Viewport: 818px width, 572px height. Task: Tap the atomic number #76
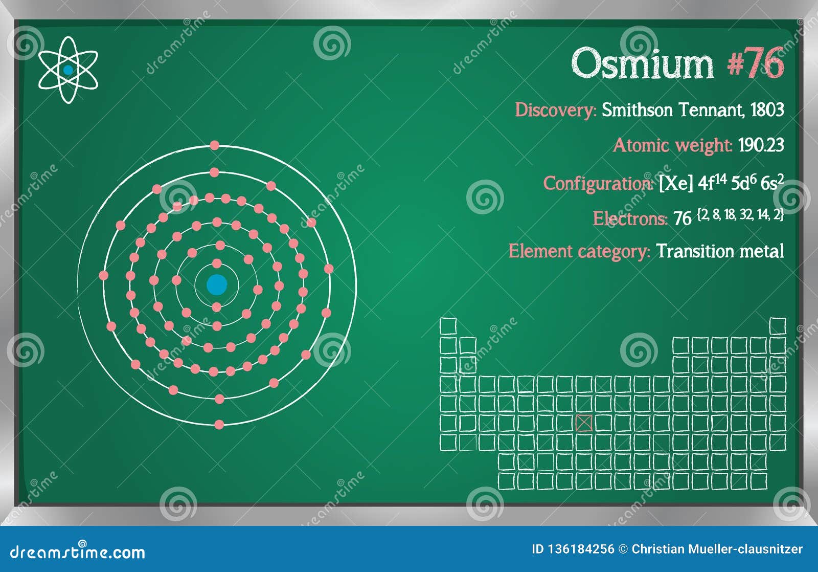click(x=755, y=64)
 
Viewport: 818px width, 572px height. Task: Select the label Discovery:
click(x=555, y=110)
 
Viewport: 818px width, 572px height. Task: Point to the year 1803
click(x=767, y=110)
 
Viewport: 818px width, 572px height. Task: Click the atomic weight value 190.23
click(x=761, y=145)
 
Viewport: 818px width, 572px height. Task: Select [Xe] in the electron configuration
click(x=676, y=183)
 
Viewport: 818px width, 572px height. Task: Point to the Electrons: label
click(x=630, y=219)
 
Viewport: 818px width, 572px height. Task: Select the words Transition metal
click(x=720, y=251)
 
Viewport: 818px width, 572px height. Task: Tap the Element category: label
click(x=579, y=252)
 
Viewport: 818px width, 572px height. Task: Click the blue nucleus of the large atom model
click(x=217, y=284)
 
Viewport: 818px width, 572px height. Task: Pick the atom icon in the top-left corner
click(x=68, y=70)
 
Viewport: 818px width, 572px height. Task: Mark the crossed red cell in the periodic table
click(x=584, y=423)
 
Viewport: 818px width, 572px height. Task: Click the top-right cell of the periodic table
click(x=777, y=326)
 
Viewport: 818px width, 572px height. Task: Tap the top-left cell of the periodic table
click(x=448, y=326)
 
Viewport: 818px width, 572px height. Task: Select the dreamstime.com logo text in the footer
click(x=78, y=552)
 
